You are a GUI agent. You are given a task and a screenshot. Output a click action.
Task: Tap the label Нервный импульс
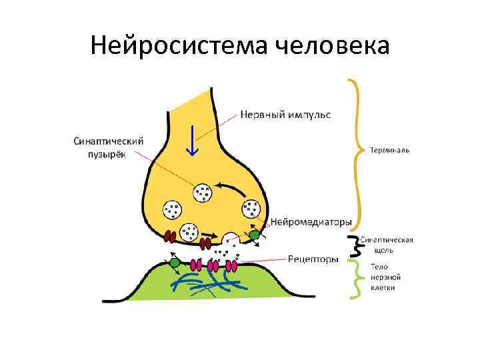[285, 115]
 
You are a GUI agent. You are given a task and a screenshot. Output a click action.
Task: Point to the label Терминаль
[390, 150]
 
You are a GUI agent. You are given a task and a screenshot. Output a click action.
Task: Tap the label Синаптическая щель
[387, 245]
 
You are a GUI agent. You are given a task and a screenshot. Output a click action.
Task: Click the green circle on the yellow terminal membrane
[254, 235]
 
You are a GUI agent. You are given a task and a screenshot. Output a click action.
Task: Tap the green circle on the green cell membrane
[175, 263]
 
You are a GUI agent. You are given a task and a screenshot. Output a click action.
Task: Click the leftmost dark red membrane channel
[170, 235]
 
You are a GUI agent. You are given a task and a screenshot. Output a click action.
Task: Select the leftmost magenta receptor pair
[196, 265]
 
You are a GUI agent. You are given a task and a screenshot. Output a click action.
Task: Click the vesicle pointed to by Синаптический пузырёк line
[202, 193]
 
